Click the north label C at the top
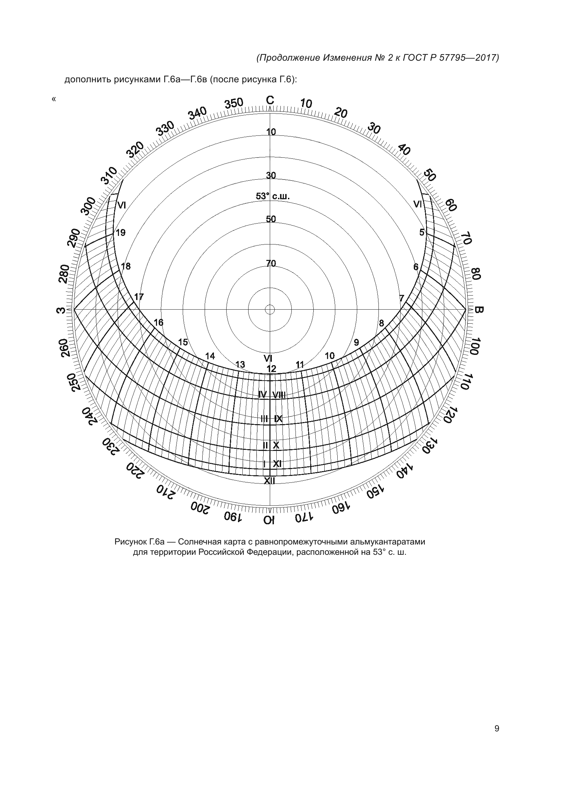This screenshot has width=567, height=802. pos(270,100)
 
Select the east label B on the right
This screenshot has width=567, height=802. pos(479,310)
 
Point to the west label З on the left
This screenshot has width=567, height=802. pos(61,310)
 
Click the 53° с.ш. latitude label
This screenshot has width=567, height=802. pos(273,196)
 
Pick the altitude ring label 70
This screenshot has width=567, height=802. pos(271,263)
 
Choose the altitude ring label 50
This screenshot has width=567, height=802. pos(271,219)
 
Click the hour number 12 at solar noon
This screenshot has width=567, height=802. pos(271,369)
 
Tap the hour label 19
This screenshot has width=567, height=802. pos(121,232)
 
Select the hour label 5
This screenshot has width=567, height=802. pos(422,232)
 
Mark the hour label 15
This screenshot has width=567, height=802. pos(183,342)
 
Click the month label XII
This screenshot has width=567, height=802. pos(269,481)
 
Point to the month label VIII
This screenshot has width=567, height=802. pos(279,395)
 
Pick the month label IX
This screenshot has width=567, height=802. pos(278,418)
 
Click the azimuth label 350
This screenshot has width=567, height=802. pos(233,104)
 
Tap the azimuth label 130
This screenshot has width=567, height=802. pos(430,447)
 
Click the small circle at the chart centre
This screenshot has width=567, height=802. pos(270,310)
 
